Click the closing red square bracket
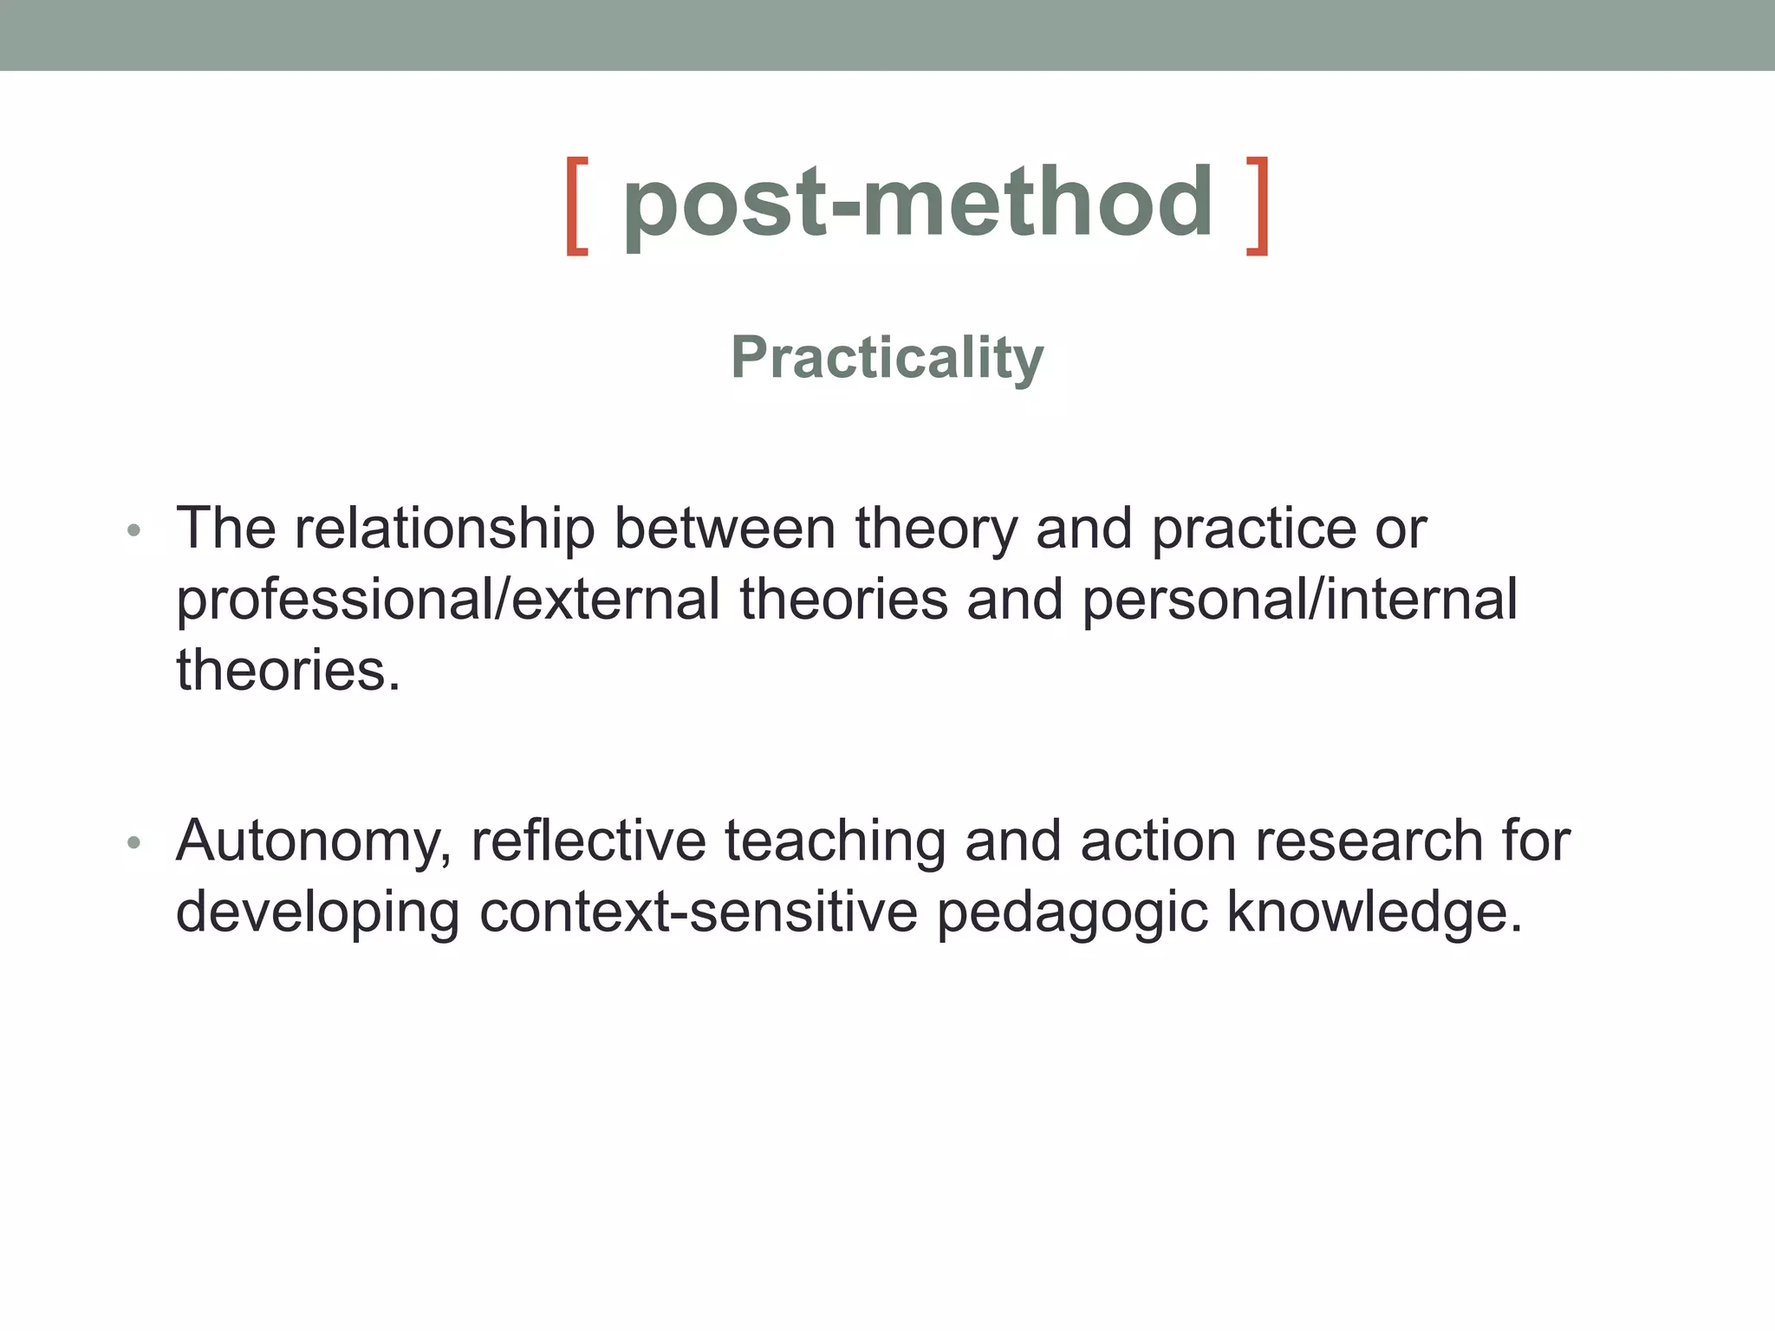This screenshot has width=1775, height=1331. pyautogui.click(x=1258, y=206)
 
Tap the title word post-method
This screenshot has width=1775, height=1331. pyautogui.click(x=918, y=205)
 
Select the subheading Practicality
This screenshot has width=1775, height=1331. pyautogui.click(x=887, y=357)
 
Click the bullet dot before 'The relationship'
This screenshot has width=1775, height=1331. pyautogui.click(x=133, y=529)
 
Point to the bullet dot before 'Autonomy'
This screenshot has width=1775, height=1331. pyautogui.click(x=133, y=842)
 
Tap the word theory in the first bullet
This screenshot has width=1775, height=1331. pyautogui.click(x=936, y=529)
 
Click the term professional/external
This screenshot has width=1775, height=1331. pyautogui.click(x=448, y=601)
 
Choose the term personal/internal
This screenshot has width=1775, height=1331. pyautogui.click(x=1299, y=599)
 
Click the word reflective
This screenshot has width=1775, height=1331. pyautogui.click(x=588, y=841)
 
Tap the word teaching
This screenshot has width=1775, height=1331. pyautogui.click(x=835, y=842)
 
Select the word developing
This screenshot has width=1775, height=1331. pyautogui.click(x=317, y=913)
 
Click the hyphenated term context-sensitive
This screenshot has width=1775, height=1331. pyautogui.click(x=698, y=912)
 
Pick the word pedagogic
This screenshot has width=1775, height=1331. pyautogui.click(x=1072, y=913)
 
